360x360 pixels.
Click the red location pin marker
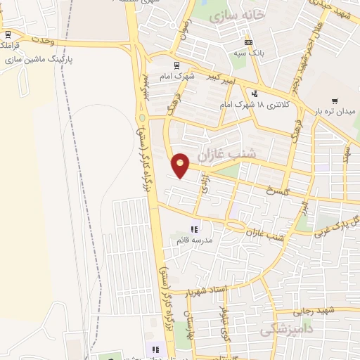(x=181, y=165)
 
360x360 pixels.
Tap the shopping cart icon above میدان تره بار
(x=335, y=101)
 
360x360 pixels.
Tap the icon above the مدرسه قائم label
(x=195, y=229)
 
